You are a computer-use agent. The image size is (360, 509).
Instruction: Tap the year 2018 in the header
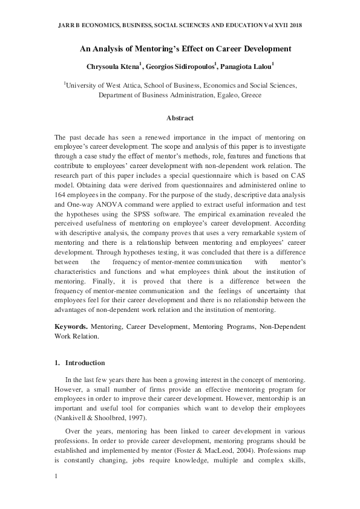click(x=293, y=25)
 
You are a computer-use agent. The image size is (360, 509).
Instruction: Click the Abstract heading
click(x=180, y=118)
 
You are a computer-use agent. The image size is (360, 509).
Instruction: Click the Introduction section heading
click(x=85, y=363)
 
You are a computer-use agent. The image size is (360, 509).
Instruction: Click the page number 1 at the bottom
click(x=56, y=477)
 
